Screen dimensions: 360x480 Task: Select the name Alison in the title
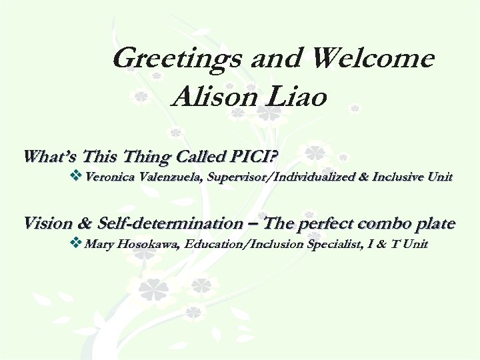[x=211, y=98]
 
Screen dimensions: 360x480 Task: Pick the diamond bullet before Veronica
[x=75, y=177]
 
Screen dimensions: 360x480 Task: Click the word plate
[x=433, y=223]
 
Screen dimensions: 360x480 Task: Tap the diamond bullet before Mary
[x=75, y=243]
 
